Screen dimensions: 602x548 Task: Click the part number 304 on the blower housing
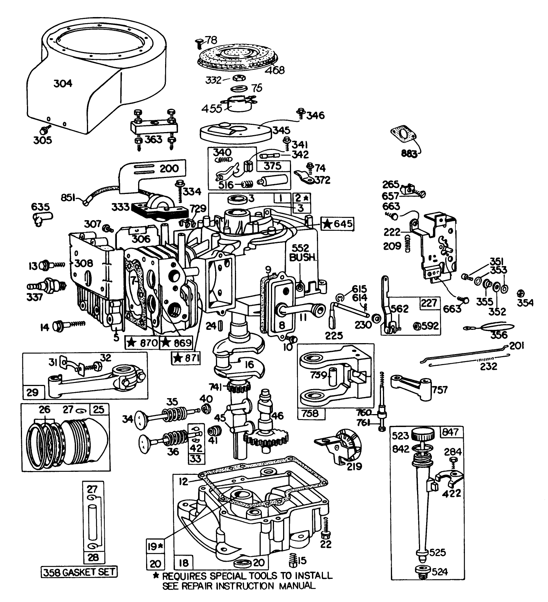(63, 83)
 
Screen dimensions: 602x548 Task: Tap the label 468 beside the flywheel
(275, 70)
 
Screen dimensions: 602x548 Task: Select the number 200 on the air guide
(169, 168)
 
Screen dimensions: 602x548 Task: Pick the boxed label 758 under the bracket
(311, 413)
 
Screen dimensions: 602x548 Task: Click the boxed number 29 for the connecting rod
(33, 392)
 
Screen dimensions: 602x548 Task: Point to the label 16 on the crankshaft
(249, 365)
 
